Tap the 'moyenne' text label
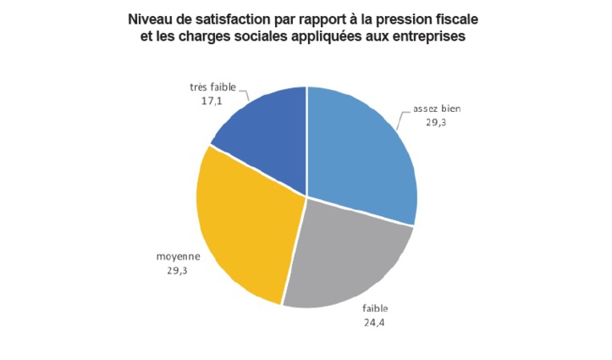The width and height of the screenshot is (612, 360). [x=177, y=256]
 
